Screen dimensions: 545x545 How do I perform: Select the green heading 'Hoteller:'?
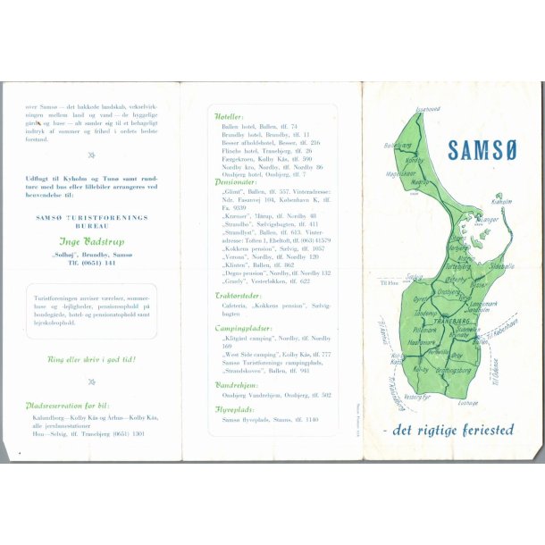(230, 116)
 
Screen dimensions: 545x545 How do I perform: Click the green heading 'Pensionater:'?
(236, 181)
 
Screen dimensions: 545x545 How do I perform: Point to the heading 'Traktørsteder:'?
(239, 294)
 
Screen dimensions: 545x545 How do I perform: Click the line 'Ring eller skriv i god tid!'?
(92, 359)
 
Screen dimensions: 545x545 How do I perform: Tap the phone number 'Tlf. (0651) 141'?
(92, 264)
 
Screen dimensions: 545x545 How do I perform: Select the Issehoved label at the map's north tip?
(428, 108)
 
